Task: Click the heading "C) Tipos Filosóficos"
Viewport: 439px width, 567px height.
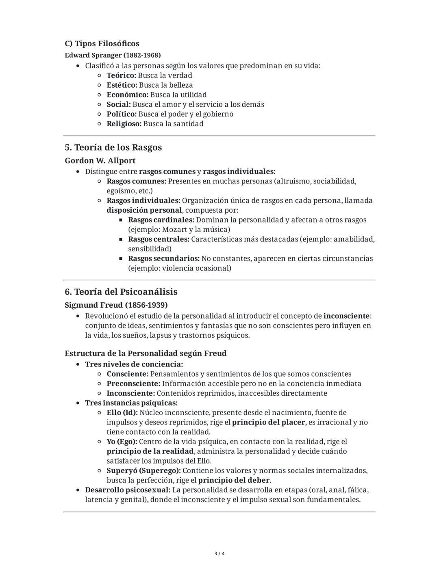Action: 102,43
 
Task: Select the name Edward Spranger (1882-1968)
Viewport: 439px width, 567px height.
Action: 113,55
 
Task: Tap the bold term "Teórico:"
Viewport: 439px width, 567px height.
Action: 121,75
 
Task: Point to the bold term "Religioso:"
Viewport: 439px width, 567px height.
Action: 124,123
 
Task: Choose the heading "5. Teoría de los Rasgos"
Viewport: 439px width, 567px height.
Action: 113,147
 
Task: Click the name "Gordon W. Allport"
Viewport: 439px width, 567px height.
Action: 100,160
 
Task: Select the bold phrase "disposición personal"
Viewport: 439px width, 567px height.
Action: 144,210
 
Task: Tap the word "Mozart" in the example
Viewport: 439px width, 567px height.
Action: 174,229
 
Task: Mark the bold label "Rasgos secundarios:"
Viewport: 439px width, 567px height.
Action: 163,258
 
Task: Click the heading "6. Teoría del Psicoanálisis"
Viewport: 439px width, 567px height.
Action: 121,292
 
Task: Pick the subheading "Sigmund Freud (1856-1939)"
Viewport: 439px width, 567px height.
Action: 116,305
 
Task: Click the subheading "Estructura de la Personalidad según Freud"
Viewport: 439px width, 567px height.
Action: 146,353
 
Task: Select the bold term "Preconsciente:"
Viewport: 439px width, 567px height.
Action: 133,383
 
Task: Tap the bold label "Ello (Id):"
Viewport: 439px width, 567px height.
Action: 122,412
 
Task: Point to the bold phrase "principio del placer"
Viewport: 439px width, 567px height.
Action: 268,422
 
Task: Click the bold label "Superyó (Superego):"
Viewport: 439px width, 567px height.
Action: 143,470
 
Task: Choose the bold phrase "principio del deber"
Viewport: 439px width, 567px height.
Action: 234,480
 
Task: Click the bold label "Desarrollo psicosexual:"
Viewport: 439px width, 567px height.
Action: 128,490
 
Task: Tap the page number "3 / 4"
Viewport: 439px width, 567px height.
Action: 219,554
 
